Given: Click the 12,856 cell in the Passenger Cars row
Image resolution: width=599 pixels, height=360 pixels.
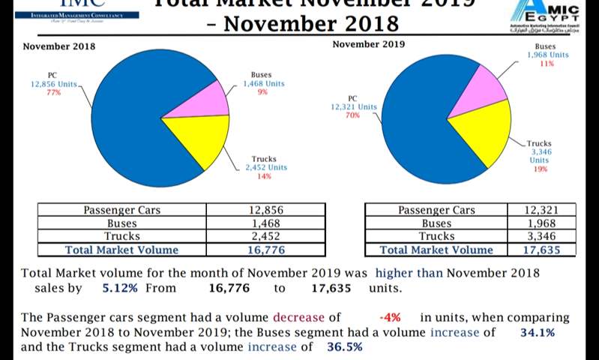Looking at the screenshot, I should [x=266, y=210].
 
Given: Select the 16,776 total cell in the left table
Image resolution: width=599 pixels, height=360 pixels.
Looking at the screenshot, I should [x=266, y=250].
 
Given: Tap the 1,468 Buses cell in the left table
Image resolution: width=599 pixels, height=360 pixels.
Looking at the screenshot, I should [x=266, y=223].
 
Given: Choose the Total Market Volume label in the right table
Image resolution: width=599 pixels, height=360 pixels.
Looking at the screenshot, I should [x=436, y=250].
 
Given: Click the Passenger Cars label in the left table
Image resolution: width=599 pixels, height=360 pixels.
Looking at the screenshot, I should [x=121, y=210].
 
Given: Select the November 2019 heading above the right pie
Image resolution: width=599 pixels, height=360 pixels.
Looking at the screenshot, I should [x=368, y=44].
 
